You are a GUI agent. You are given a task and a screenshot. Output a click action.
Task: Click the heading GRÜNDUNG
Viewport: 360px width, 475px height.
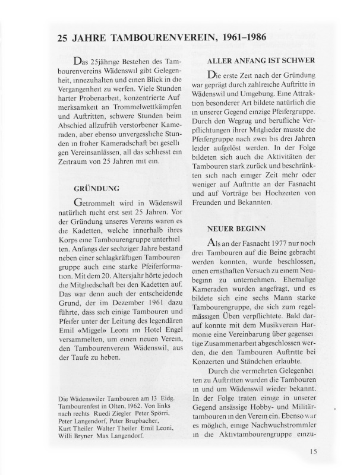coord(93,189)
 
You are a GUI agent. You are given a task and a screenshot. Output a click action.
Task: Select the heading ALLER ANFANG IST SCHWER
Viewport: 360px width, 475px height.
coord(261,61)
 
